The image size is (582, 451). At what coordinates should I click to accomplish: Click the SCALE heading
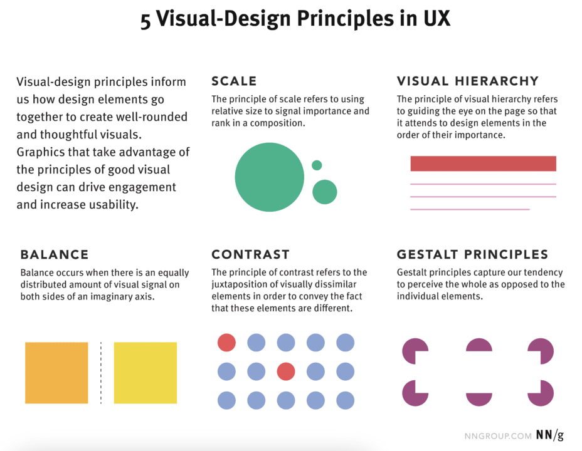[x=234, y=81]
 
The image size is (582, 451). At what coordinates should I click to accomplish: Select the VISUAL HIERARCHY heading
[x=467, y=81]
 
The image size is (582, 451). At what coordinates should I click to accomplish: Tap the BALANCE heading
[x=55, y=254]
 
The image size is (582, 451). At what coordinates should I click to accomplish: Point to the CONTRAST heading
[x=250, y=254]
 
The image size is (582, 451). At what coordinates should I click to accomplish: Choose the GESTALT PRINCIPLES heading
[x=472, y=254]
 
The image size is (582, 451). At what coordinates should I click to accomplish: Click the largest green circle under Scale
[x=269, y=177]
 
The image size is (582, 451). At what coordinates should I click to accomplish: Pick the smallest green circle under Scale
[x=317, y=165]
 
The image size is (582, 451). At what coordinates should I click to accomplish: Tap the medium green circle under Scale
[x=325, y=192]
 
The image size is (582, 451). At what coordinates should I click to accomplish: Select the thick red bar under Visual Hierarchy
[x=483, y=163]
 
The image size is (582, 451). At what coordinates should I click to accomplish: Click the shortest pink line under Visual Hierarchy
[x=470, y=209]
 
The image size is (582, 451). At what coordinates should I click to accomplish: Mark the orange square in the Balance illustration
[x=56, y=373]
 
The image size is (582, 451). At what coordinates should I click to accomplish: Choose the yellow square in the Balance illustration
[x=145, y=373]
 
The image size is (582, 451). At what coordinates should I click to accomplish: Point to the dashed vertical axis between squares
[x=101, y=373]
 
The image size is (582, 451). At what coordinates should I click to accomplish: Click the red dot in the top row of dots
[x=226, y=343]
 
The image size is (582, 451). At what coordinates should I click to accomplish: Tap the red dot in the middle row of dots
[x=286, y=371]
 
